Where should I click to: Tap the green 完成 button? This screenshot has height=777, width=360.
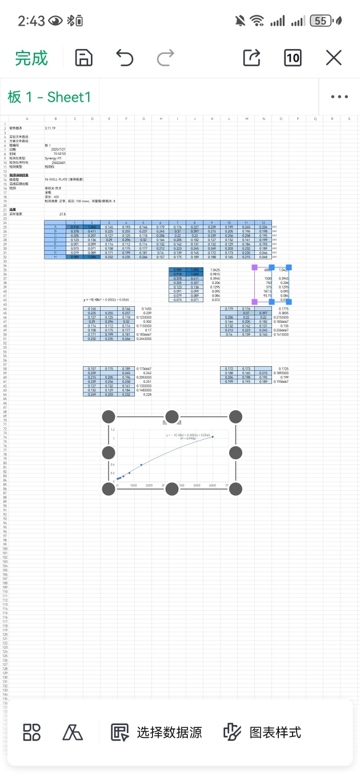tap(31, 58)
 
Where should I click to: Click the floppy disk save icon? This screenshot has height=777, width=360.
tap(84, 58)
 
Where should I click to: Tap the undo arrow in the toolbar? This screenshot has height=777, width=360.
tap(125, 58)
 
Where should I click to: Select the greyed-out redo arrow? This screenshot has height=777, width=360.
tap(166, 58)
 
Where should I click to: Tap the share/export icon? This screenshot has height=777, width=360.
tap(251, 58)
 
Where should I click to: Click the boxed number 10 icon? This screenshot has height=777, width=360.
tap(293, 58)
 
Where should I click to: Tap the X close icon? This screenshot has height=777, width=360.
tap(334, 58)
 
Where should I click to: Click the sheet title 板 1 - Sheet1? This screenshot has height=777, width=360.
tap(49, 97)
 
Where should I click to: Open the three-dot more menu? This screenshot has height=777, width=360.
tap(339, 97)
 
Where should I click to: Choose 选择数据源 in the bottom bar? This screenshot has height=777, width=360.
tap(157, 732)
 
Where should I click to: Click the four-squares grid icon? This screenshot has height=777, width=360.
tap(31, 732)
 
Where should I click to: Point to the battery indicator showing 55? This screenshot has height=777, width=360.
tap(321, 21)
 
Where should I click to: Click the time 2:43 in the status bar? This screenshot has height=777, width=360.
tap(31, 21)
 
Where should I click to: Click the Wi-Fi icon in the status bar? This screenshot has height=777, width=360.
tap(257, 21)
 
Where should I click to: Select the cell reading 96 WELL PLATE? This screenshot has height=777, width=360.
tap(64, 179)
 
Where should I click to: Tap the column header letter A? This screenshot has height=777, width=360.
tap(26, 119)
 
